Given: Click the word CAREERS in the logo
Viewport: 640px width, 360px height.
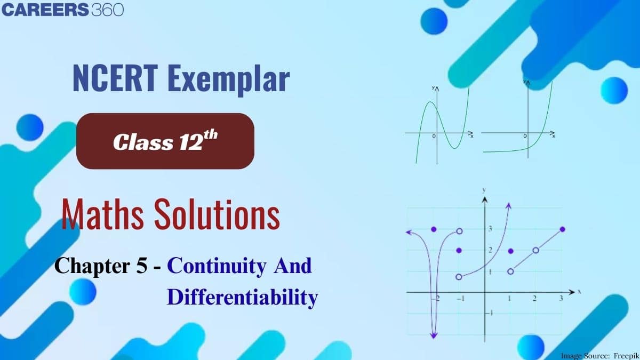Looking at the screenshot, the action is pyautogui.click(x=45, y=10).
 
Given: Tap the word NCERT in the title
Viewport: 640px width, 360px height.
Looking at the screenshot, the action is pyautogui.click(x=115, y=78).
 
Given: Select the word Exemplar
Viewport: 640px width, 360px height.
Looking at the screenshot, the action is pyautogui.click(x=229, y=81).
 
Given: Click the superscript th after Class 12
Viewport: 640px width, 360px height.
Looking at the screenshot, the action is pyautogui.click(x=211, y=135).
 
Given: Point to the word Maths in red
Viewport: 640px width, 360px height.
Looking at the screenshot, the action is pyautogui.click(x=102, y=214).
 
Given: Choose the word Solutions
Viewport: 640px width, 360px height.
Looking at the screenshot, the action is pyautogui.click(x=217, y=214).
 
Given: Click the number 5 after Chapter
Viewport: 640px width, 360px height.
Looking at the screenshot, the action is pyautogui.click(x=142, y=266).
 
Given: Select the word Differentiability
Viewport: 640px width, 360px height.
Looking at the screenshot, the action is pyautogui.click(x=242, y=298).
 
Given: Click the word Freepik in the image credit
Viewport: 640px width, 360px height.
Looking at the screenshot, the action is pyautogui.click(x=626, y=356).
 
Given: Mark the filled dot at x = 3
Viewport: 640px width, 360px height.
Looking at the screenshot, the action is pyautogui.click(x=563, y=229).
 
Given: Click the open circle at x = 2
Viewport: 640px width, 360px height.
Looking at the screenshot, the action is pyautogui.click(x=535, y=251).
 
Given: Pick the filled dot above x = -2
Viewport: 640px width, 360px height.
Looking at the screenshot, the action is pyautogui.click(x=434, y=229).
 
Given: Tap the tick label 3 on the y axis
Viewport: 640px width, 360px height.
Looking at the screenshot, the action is pyautogui.click(x=490, y=229).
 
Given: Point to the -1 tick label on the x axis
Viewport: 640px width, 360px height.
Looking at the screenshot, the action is pyautogui.click(x=461, y=299).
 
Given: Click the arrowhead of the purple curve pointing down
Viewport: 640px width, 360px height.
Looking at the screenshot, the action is pyautogui.click(x=434, y=335).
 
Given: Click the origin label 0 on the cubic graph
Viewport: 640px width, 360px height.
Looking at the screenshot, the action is pyautogui.click(x=434, y=137).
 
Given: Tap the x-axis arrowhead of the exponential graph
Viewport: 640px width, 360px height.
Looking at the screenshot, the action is pyautogui.click(x=553, y=133).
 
